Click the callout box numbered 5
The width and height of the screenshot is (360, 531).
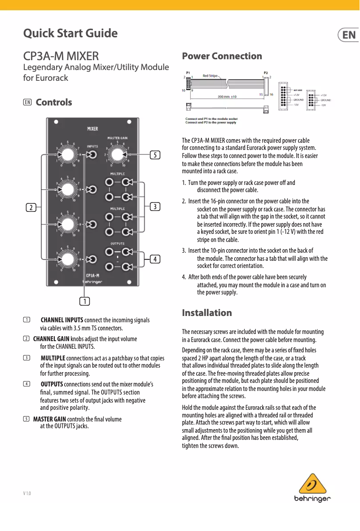tap(154, 155)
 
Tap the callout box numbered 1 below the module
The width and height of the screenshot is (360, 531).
tap(84, 300)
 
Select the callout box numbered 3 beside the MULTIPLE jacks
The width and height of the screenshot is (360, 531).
tap(154, 206)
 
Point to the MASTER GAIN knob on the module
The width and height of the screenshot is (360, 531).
tap(117, 155)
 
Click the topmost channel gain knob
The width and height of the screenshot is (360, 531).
tap(67, 155)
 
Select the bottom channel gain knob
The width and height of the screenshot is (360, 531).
tap(67, 259)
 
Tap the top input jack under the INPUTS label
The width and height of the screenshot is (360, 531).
tap(92, 155)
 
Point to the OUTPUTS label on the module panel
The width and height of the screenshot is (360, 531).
tap(117, 243)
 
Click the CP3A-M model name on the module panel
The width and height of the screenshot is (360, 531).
tap(92, 275)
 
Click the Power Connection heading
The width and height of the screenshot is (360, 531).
tap(222, 56)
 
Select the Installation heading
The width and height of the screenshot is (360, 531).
tap(207, 312)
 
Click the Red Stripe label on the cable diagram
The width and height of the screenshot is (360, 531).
tap(211, 76)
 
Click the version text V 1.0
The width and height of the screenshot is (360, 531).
tap(27, 494)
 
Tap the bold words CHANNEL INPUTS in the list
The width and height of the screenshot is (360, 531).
tap(62, 320)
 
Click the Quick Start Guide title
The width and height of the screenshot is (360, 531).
tap(70, 34)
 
